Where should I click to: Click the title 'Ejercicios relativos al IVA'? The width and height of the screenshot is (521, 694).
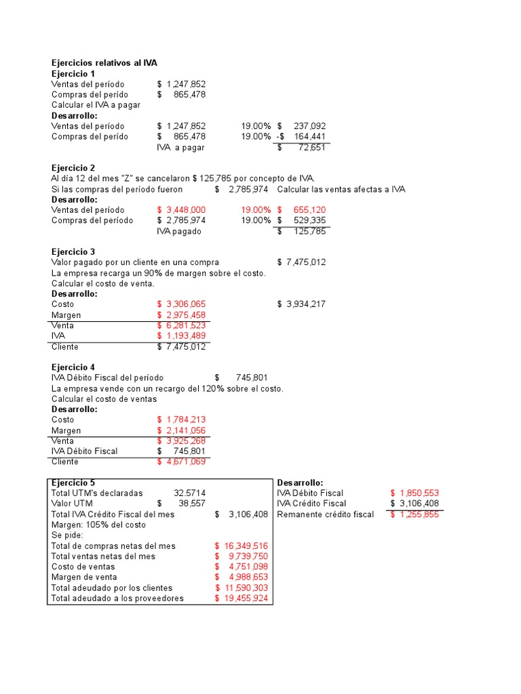click(x=104, y=63)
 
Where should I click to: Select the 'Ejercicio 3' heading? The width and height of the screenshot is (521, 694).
click(x=73, y=251)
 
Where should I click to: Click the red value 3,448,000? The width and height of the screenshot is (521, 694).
click(x=185, y=210)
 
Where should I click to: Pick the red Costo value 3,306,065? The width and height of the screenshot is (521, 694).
click(x=185, y=304)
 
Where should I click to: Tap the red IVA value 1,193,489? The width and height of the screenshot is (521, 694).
click(x=185, y=336)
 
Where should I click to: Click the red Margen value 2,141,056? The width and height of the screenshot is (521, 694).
click(x=185, y=430)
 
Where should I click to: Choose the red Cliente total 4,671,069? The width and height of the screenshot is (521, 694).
click(x=185, y=462)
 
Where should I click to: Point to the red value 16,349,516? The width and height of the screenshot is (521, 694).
click(x=245, y=546)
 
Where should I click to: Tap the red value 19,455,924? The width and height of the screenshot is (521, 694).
click(x=245, y=598)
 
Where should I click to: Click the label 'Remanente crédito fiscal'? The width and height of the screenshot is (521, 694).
click(x=325, y=514)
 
